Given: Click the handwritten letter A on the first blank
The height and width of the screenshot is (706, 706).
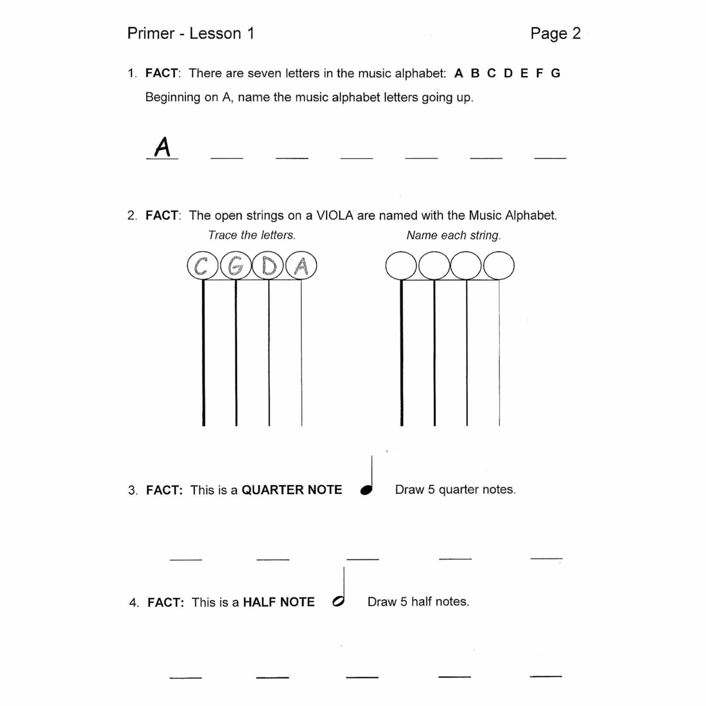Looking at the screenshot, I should pyautogui.click(x=162, y=147).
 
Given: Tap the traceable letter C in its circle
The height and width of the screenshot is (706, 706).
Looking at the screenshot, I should pyautogui.click(x=201, y=266).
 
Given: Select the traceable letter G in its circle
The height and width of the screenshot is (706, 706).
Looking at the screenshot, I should pyautogui.click(x=235, y=266).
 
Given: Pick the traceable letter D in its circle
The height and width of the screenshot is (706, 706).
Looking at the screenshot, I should pyautogui.click(x=268, y=266).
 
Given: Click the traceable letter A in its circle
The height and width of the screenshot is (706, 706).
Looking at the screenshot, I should pyautogui.click(x=301, y=266).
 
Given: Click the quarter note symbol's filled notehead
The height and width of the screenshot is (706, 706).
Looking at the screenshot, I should pyautogui.click(x=366, y=490).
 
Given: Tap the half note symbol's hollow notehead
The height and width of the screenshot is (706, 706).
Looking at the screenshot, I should pyautogui.click(x=338, y=601).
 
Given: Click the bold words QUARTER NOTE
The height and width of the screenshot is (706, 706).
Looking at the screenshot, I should pyautogui.click(x=292, y=490).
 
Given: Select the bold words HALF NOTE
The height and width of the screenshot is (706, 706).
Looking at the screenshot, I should pyautogui.click(x=279, y=602).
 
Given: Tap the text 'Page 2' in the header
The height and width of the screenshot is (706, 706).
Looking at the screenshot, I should pyautogui.click(x=555, y=34).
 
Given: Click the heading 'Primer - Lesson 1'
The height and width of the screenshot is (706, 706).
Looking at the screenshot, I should pyautogui.click(x=191, y=34).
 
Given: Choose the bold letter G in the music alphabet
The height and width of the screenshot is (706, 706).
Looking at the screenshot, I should pyautogui.click(x=555, y=74).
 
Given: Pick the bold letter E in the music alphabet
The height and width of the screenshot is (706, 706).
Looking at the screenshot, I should pyautogui.click(x=524, y=74).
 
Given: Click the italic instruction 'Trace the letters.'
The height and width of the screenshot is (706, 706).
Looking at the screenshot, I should pyautogui.click(x=252, y=235).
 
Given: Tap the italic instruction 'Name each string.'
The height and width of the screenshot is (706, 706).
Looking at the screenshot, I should pyautogui.click(x=453, y=235).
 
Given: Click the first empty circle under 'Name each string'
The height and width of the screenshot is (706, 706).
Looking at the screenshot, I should pyautogui.click(x=401, y=266).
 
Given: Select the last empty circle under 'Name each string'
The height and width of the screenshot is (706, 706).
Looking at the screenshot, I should pyautogui.click(x=499, y=266).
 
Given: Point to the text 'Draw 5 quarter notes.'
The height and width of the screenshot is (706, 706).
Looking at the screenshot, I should pyautogui.click(x=455, y=489).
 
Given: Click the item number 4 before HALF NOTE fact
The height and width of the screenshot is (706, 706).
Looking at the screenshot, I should pyautogui.click(x=133, y=603).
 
